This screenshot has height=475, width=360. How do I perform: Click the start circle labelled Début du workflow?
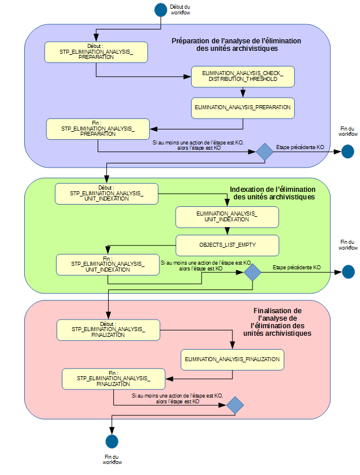click(161, 9)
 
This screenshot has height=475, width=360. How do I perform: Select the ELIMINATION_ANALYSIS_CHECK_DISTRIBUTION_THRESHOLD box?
click(243, 76)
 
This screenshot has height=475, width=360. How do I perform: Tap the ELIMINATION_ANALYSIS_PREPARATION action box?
click(243, 107)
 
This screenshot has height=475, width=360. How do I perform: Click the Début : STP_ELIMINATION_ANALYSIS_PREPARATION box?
click(96, 52)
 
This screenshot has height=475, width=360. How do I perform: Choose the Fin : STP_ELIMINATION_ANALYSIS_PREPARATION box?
click(98, 128)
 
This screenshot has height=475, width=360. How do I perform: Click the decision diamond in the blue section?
click(264, 151)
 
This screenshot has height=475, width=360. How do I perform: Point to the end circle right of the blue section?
click(347, 151)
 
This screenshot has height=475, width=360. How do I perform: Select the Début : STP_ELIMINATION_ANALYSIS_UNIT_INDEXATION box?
click(106, 194)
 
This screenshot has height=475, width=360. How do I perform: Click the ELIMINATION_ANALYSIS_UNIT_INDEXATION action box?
click(227, 217)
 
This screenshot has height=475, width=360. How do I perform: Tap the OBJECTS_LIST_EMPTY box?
click(227, 244)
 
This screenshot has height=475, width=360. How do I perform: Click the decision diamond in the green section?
click(253, 272)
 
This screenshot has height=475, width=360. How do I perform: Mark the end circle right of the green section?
click(348, 272)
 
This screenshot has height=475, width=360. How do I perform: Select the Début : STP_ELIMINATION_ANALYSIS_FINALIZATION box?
click(108, 329)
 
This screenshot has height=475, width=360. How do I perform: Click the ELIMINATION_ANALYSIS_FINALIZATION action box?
click(232, 359)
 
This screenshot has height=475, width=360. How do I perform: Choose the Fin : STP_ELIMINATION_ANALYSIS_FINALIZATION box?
click(113, 378)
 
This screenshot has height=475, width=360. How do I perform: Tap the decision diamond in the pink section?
click(235, 405)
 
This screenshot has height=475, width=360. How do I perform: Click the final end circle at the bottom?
click(112, 441)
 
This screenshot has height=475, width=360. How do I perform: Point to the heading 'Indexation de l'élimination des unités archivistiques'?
click(273, 193)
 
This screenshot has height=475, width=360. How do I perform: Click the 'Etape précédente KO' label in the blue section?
click(299, 147)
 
